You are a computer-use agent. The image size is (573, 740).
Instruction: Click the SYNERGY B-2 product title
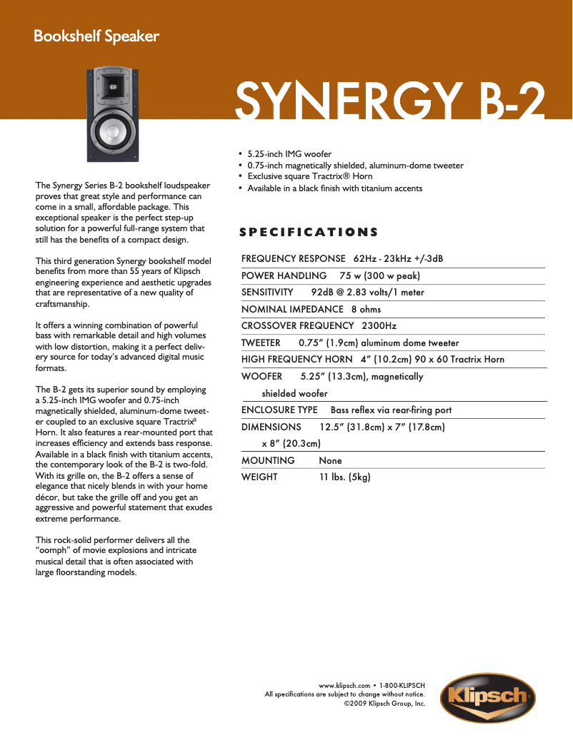(x=390, y=101)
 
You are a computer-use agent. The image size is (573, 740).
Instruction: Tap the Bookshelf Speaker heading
(x=96, y=36)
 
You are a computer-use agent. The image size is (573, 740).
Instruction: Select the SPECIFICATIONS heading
(x=309, y=232)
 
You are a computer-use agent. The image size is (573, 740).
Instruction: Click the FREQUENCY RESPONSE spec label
(x=293, y=258)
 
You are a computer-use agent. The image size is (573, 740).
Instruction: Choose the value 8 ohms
(x=366, y=309)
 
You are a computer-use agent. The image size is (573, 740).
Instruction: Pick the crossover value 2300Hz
(x=379, y=326)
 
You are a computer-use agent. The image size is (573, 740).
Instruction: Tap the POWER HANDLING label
(x=284, y=275)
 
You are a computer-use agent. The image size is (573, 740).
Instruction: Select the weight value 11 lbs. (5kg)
(x=344, y=477)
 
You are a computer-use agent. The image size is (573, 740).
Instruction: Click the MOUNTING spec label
(x=268, y=460)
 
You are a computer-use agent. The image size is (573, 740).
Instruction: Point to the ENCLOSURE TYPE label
(x=279, y=410)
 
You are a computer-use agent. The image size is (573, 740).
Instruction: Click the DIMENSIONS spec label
(x=271, y=427)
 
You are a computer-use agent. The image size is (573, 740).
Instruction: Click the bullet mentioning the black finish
(x=334, y=188)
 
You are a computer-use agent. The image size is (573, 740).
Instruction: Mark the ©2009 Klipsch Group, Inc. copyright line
(x=384, y=703)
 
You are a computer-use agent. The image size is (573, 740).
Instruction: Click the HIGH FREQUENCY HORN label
(x=297, y=359)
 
